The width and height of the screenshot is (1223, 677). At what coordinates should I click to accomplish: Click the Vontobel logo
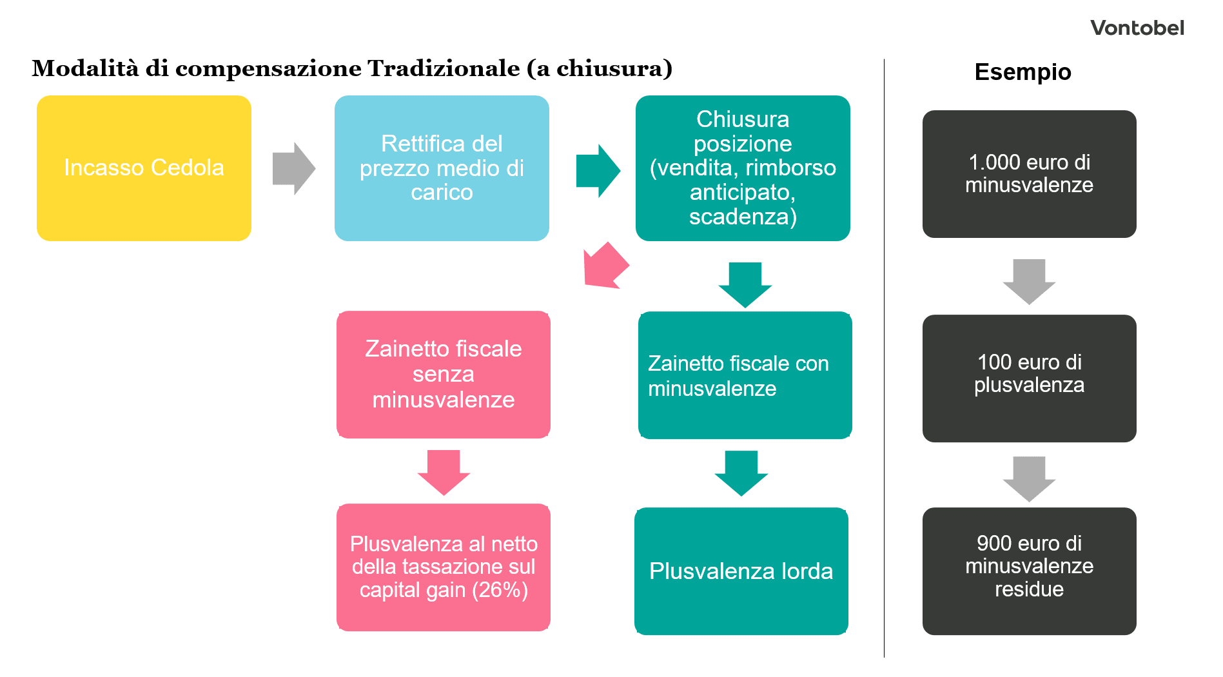[1137, 28]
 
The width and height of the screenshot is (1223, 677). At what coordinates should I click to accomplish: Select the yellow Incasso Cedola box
[144, 168]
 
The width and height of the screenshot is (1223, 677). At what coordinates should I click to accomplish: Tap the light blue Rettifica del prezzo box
[442, 168]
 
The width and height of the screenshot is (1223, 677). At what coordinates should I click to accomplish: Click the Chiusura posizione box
[743, 168]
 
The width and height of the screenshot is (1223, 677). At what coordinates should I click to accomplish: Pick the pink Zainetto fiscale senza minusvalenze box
[444, 375]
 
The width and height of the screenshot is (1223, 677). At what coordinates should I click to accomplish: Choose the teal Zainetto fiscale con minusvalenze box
[745, 375]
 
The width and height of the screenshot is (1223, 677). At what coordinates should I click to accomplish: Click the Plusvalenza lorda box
[741, 571]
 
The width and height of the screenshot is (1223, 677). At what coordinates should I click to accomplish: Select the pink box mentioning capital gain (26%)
[444, 567]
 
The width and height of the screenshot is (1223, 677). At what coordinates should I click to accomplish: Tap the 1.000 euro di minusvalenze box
[1029, 174]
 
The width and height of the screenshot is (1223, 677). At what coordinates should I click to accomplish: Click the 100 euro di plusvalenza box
[1029, 378]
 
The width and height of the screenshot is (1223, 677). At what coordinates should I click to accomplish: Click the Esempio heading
[1022, 72]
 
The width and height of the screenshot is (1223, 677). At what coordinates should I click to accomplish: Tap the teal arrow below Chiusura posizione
[745, 284]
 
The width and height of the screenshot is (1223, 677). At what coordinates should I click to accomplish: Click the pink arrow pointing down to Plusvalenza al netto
[444, 472]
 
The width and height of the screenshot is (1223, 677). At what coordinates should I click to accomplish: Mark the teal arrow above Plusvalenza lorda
[741, 473]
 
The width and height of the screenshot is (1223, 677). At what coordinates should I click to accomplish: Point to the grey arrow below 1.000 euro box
[1029, 281]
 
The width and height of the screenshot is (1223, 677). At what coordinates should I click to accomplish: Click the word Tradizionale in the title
[443, 68]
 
